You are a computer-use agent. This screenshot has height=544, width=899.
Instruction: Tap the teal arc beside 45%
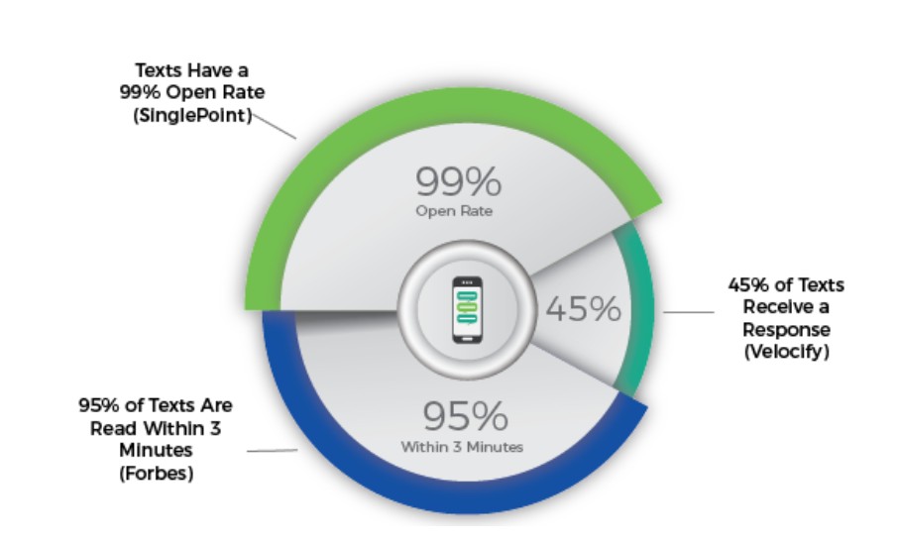[641, 309]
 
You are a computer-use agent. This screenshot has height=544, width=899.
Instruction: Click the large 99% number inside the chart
[458, 181]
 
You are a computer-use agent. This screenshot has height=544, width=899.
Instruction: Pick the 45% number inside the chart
[583, 309]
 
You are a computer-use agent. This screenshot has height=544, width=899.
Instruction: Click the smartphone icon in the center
[467, 309]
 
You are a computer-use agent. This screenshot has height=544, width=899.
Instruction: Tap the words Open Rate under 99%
[454, 211]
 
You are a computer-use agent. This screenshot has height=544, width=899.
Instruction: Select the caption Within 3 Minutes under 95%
[462, 447]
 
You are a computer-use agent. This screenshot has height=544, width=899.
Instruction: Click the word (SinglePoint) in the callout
[192, 115]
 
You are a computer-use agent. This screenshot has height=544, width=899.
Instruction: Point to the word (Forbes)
[156, 474]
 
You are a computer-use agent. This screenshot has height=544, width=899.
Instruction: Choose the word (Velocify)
[787, 352]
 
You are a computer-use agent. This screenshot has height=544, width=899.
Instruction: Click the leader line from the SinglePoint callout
[274, 126]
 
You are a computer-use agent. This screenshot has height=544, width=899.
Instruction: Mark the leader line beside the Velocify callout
[689, 312]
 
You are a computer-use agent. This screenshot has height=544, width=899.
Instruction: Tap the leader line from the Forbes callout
[272, 451]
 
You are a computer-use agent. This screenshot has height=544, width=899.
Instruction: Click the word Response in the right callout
[786, 330]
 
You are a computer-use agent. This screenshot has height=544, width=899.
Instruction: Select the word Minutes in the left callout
[156, 451]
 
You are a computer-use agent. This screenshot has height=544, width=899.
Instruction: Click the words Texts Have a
[192, 70]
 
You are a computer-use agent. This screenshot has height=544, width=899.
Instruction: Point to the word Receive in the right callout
[786, 307]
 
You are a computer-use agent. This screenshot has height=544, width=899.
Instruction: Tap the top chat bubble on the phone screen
[467, 296]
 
